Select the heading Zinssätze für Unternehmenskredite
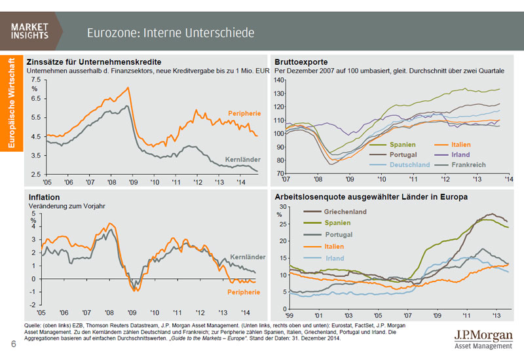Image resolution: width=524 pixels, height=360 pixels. tap(85, 62)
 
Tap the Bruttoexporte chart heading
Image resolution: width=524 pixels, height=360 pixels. tap(303, 62)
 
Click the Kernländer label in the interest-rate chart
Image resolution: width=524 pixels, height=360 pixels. tap(242, 159)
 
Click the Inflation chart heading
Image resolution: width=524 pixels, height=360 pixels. tap(44, 196)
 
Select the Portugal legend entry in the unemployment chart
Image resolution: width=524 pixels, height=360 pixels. tap(339, 234)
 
